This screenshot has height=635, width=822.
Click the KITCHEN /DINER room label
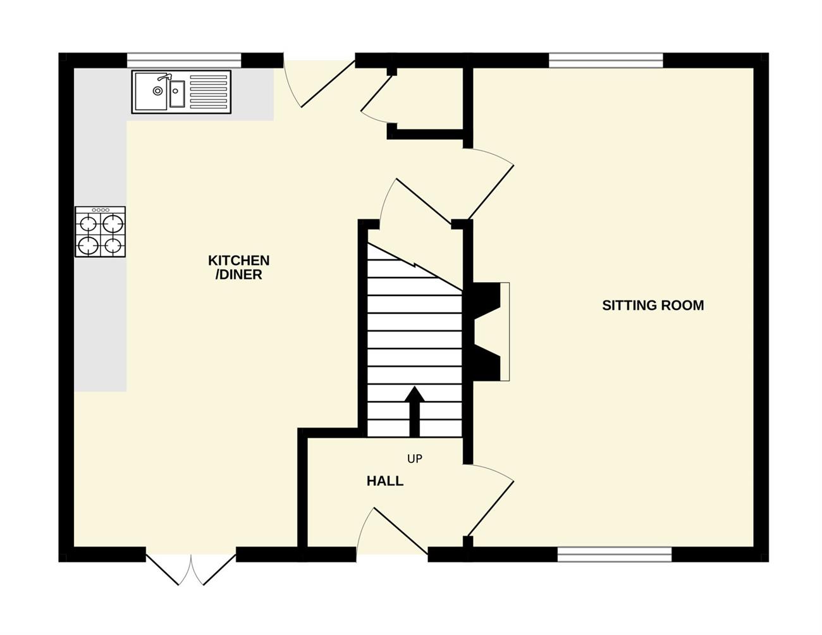[x=238, y=268]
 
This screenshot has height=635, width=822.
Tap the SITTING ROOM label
[x=653, y=305]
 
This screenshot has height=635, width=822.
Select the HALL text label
[x=385, y=481]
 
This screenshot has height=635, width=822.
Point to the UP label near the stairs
[x=415, y=459]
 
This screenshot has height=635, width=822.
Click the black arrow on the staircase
[x=415, y=412]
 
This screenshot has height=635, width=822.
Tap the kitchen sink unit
[x=181, y=92]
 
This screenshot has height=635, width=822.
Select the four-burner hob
[x=101, y=231]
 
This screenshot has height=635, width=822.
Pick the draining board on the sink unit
[x=209, y=92]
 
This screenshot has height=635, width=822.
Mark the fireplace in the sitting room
[x=490, y=331]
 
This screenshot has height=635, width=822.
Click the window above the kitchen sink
[x=184, y=61]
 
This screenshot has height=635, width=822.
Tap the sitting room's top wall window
[x=606, y=61]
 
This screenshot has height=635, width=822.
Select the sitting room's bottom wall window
[x=615, y=555]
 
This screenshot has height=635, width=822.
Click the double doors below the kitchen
[x=191, y=570]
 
